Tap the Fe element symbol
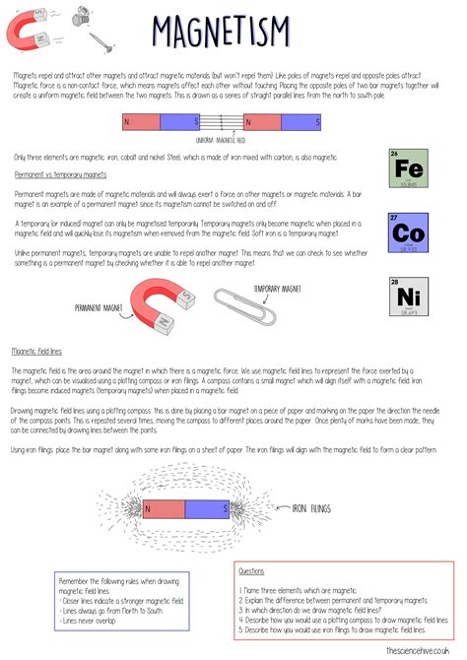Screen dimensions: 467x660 (409, 169)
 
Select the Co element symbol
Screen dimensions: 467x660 (409, 233)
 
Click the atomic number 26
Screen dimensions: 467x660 (395, 154)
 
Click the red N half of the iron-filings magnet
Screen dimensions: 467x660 (162, 508)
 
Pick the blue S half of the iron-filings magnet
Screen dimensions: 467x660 (209, 508)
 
